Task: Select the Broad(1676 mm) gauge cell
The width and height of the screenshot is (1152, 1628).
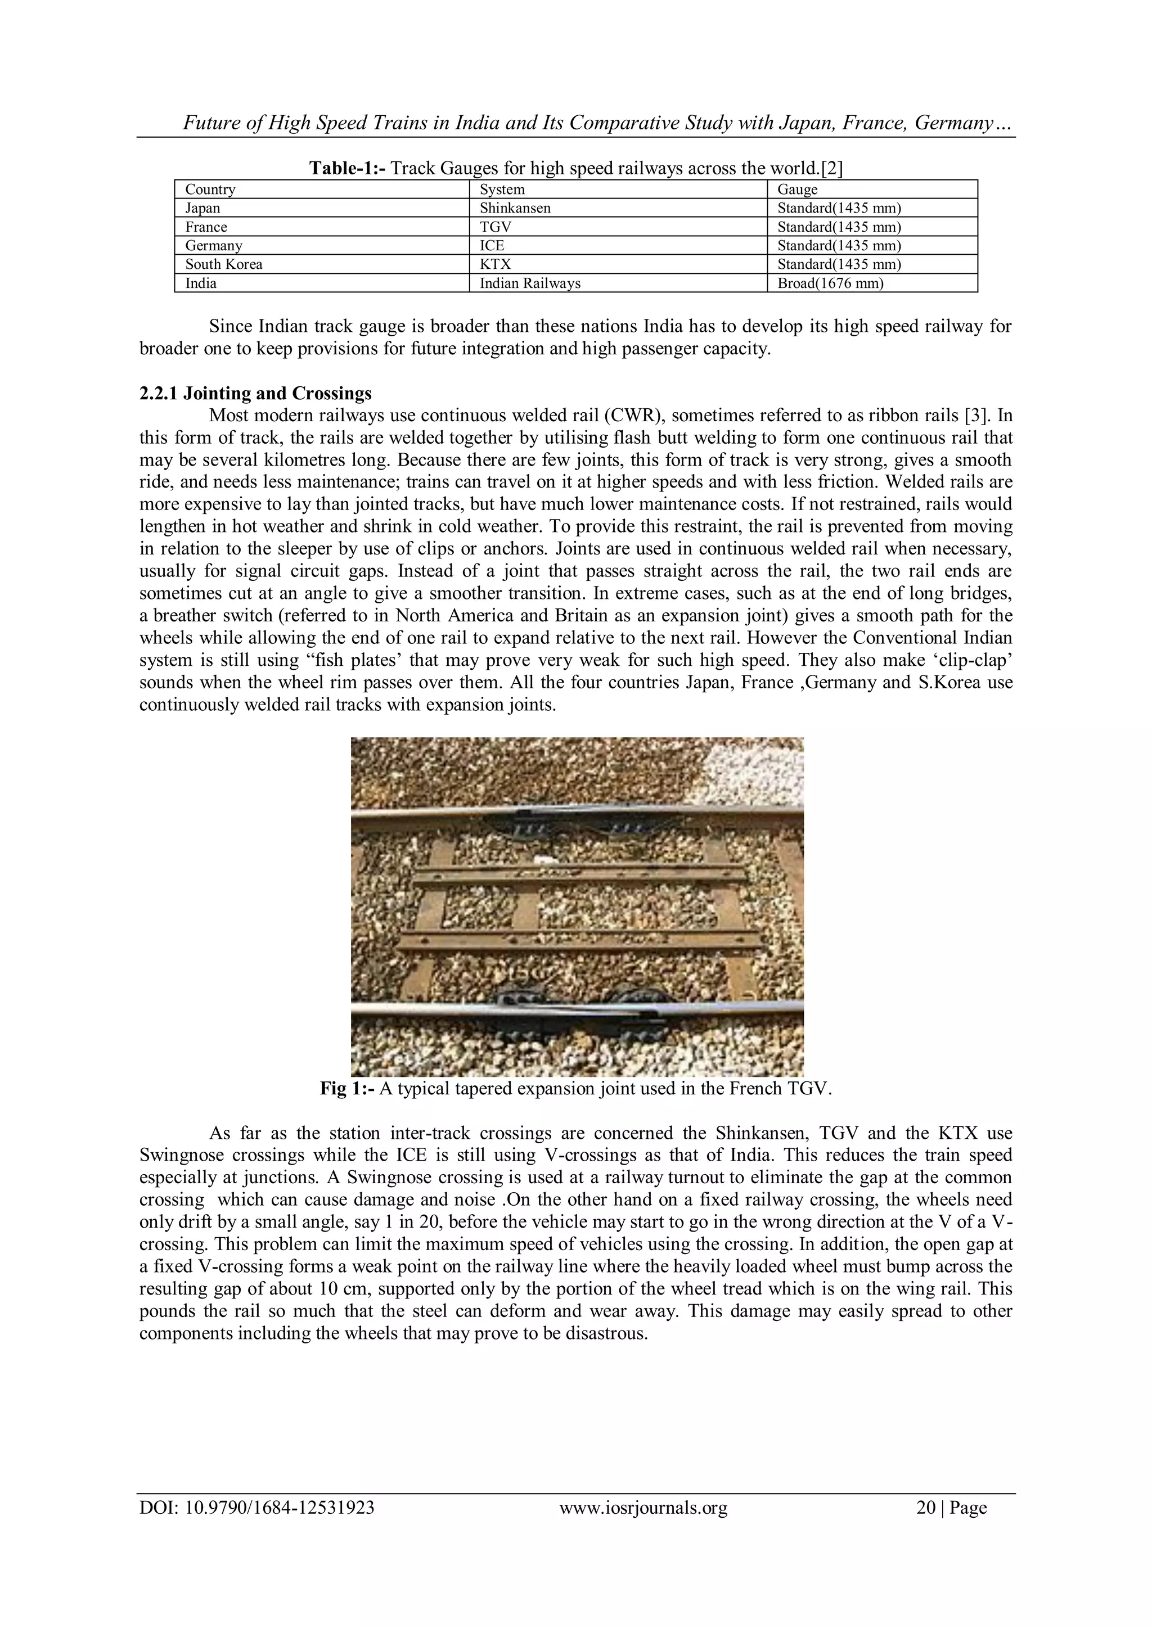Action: (x=830, y=283)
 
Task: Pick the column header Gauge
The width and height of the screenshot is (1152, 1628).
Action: (x=797, y=190)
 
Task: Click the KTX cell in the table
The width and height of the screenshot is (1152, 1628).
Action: (x=495, y=264)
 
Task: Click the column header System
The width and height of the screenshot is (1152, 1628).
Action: (x=502, y=190)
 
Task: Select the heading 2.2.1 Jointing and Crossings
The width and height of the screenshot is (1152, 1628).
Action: (x=255, y=394)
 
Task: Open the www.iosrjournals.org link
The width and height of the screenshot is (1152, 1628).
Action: (x=643, y=1527)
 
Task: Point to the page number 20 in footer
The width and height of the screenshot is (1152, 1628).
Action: (x=926, y=1527)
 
